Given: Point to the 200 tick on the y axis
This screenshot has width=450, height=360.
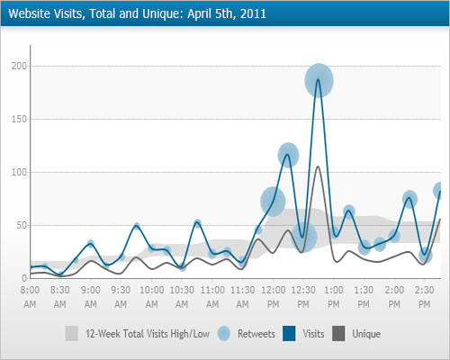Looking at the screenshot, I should tap(17, 67).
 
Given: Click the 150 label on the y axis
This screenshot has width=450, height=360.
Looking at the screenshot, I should tap(17, 120).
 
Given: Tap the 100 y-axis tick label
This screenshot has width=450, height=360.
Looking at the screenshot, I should tap(17, 173).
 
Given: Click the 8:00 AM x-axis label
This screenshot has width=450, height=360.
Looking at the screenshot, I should tap(30, 296).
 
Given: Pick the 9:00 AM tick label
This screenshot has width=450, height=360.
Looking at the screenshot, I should tap(91, 296).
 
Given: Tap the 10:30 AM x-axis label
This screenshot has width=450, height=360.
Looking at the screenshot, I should tap(182, 296).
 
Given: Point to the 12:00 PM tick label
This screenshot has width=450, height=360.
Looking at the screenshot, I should tap(274, 296).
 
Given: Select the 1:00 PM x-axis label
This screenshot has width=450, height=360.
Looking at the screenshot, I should tap(334, 296).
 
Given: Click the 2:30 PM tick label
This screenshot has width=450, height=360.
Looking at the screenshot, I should tap(425, 296).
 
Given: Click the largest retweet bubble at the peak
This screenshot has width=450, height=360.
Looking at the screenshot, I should tap(319, 81).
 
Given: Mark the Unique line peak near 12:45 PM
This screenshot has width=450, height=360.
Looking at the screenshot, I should tap(319, 166).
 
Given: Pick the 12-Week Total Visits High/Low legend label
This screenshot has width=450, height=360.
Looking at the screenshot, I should tap(147, 334).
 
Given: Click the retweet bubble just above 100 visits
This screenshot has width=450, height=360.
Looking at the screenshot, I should tap(288, 155).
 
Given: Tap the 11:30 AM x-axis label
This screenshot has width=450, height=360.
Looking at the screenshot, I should tap(243, 296).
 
